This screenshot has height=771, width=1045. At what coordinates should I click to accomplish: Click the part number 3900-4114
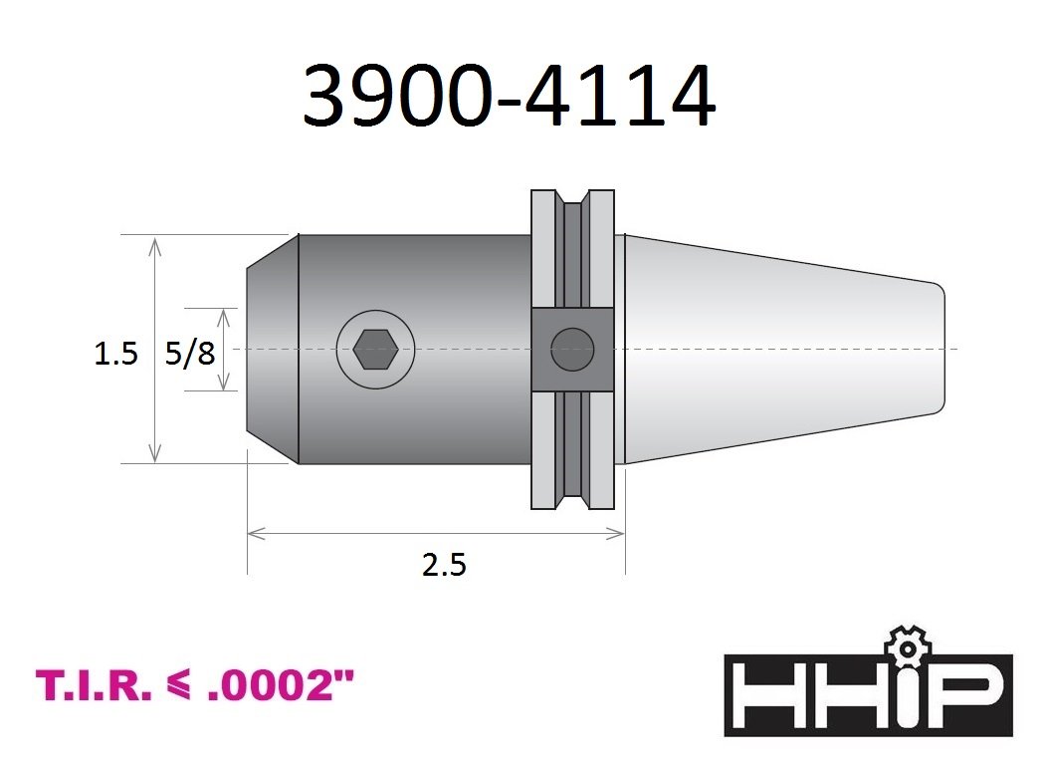click(509, 97)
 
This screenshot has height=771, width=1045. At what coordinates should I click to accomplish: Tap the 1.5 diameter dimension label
click(115, 354)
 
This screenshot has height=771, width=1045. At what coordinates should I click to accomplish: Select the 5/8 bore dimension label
click(190, 354)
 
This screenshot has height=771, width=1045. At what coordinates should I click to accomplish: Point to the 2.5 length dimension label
click(444, 566)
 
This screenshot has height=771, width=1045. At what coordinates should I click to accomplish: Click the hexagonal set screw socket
click(375, 350)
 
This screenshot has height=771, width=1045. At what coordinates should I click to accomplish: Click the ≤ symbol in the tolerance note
click(184, 686)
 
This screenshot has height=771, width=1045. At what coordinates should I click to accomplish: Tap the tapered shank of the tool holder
click(776, 349)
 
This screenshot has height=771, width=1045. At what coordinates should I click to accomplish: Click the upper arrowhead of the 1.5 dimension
click(155, 241)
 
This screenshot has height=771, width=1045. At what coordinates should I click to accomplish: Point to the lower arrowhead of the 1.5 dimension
click(155, 457)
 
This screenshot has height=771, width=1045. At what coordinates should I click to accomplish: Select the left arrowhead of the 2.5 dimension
click(253, 535)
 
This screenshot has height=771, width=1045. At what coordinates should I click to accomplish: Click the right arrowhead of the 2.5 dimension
click(618, 535)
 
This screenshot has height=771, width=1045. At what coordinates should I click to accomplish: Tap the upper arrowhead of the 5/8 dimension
click(224, 314)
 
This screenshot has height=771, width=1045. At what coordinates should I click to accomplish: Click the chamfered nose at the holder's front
click(272, 349)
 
